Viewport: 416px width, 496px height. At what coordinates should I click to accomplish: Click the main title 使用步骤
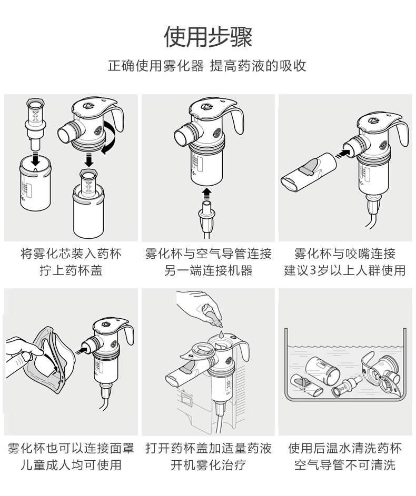click(x=208, y=36)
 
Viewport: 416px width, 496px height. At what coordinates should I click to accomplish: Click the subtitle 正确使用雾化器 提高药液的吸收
click(x=207, y=66)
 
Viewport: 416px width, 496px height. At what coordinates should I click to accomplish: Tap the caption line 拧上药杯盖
click(x=71, y=270)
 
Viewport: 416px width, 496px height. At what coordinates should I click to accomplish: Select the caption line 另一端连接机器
click(x=208, y=270)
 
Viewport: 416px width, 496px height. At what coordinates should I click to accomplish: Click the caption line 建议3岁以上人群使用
click(x=345, y=270)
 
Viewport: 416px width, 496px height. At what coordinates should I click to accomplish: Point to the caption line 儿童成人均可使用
click(x=71, y=464)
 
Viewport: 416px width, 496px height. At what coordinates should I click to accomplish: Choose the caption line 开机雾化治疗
click(x=208, y=464)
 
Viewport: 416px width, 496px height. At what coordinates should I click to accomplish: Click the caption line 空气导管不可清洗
click(x=345, y=464)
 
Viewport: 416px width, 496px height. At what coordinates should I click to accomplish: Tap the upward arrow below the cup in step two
click(x=207, y=192)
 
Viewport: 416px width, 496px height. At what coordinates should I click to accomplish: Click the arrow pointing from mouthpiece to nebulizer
click(x=343, y=153)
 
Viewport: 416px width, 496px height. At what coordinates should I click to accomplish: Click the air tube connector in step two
click(x=207, y=216)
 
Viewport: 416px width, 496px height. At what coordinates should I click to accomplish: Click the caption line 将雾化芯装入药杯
click(x=71, y=254)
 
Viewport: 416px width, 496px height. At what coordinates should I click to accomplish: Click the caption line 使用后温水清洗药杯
click(x=345, y=448)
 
